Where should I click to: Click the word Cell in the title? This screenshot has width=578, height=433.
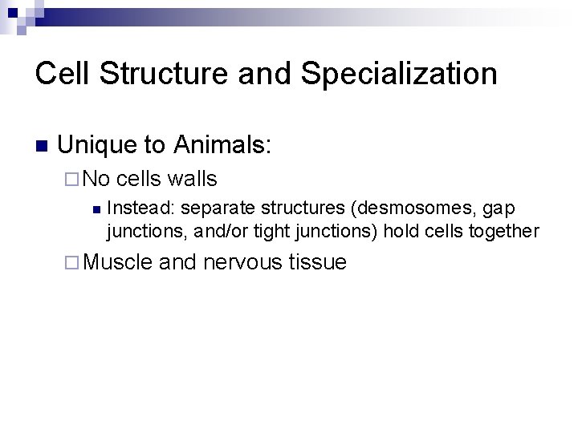coord(61,74)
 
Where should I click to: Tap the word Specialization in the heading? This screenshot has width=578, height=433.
coord(400,74)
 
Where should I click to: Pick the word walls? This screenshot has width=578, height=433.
coord(192,179)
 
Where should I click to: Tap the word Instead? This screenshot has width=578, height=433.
coord(140,208)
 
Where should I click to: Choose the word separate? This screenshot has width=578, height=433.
coord(214,208)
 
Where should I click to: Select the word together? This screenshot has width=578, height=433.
coord(503,232)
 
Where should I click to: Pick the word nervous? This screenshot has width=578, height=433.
coord(241,262)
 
